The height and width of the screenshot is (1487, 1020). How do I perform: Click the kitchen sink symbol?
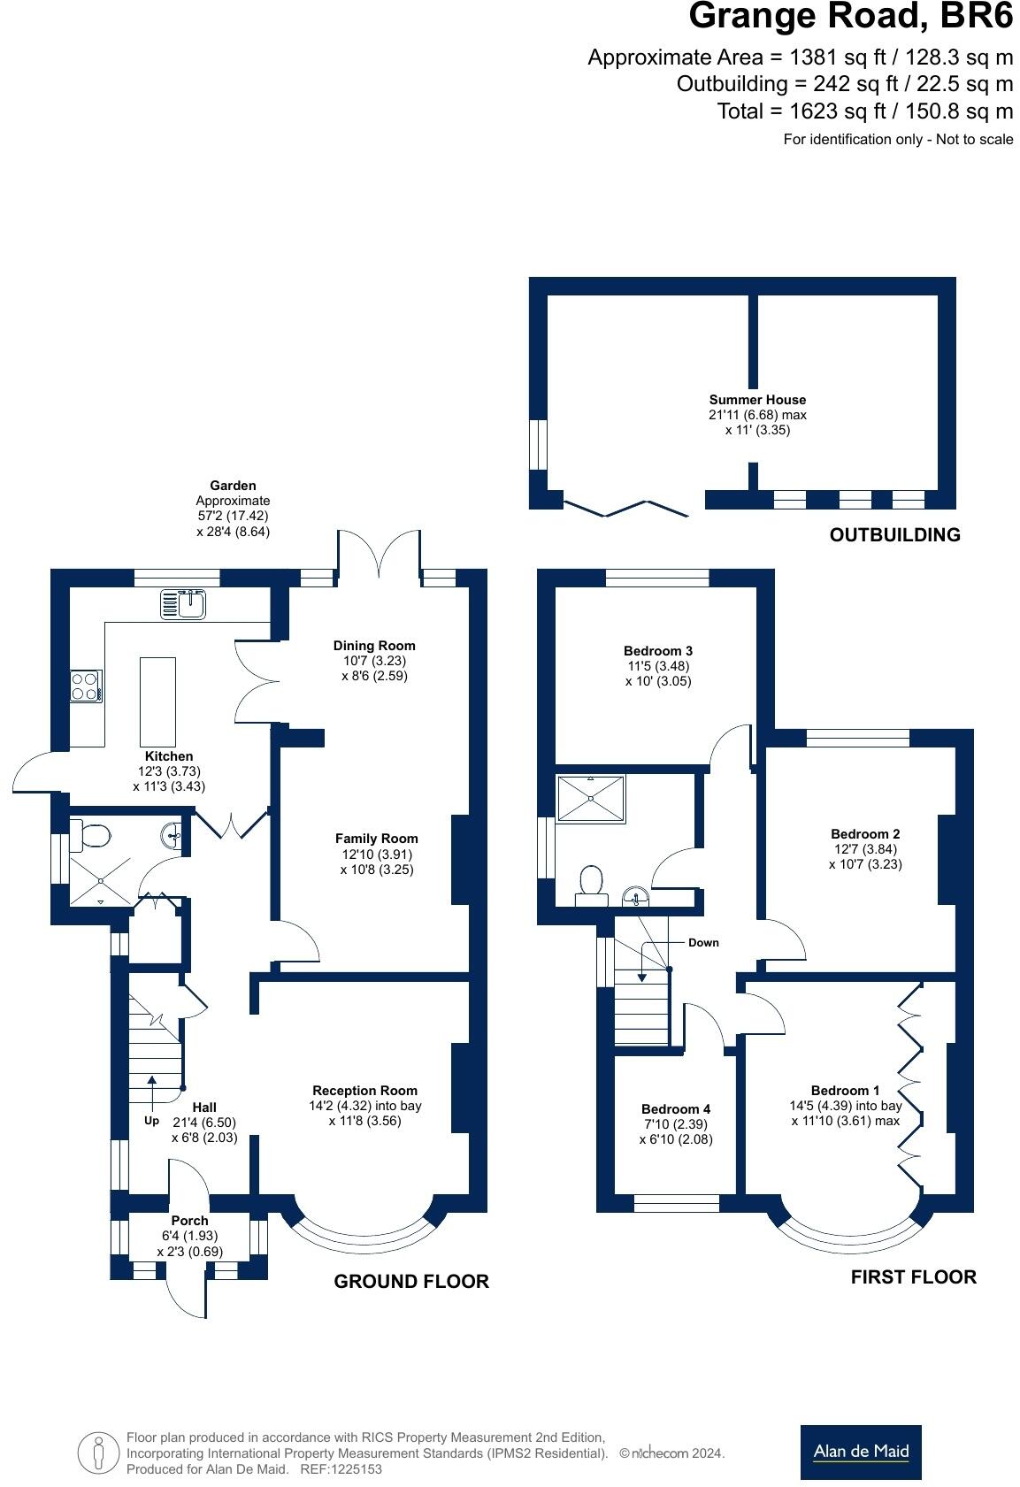[182, 604]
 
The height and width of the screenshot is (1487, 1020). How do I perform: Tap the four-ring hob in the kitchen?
[87, 686]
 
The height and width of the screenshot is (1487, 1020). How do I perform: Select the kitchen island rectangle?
[158, 702]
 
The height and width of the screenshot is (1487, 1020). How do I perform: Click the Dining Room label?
[374, 645]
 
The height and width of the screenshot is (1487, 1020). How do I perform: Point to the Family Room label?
[377, 839]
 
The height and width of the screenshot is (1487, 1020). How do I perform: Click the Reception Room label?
[365, 1090]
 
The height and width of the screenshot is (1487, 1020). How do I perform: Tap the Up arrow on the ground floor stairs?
[152, 1092]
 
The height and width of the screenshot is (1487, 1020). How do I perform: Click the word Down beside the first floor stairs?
[703, 942]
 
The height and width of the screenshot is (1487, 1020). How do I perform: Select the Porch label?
[190, 1220]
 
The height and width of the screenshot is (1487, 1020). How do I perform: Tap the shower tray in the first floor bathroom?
[591, 799]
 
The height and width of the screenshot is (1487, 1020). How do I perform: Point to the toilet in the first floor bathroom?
[591, 885]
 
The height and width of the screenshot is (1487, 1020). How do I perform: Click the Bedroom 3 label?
[658, 650]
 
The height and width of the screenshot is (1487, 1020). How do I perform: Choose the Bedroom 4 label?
[676, 1108]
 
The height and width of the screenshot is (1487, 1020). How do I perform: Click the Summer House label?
[757, 400]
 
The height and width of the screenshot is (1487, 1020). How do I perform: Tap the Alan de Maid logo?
[861, 1451]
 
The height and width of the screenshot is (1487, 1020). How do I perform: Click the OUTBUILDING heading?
[894, 534]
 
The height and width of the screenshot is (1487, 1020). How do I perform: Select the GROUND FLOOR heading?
[411, 1281]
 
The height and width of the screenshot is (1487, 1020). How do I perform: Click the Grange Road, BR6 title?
[851, 17]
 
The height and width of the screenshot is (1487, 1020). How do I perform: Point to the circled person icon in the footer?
[98, 1453]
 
